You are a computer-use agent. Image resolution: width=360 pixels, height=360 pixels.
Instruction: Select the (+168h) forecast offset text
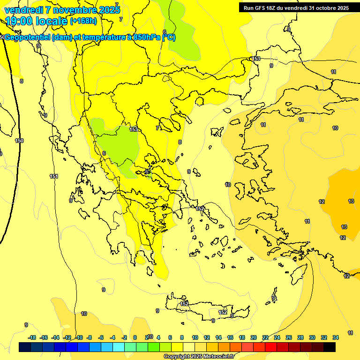(83, 21)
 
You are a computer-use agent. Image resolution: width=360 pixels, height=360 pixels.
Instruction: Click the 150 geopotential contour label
(19, 141)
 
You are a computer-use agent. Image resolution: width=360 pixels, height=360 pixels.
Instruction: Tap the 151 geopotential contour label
(54, 176)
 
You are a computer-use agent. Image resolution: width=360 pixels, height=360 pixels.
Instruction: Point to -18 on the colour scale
(32, 337)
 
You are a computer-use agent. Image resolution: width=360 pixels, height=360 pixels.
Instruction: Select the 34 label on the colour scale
(336, 337)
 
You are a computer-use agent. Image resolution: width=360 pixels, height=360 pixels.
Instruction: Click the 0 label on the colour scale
(135, 337)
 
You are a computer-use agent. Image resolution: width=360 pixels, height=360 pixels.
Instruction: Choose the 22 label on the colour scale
(265, 337)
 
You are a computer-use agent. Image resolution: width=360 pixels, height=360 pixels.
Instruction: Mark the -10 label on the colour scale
(79, 337)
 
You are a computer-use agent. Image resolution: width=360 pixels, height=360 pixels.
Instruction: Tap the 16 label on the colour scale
(230, 337)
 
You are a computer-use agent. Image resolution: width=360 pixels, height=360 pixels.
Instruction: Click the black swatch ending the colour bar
(330, 347)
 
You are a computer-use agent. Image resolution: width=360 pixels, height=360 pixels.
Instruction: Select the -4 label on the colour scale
(112, 337)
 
